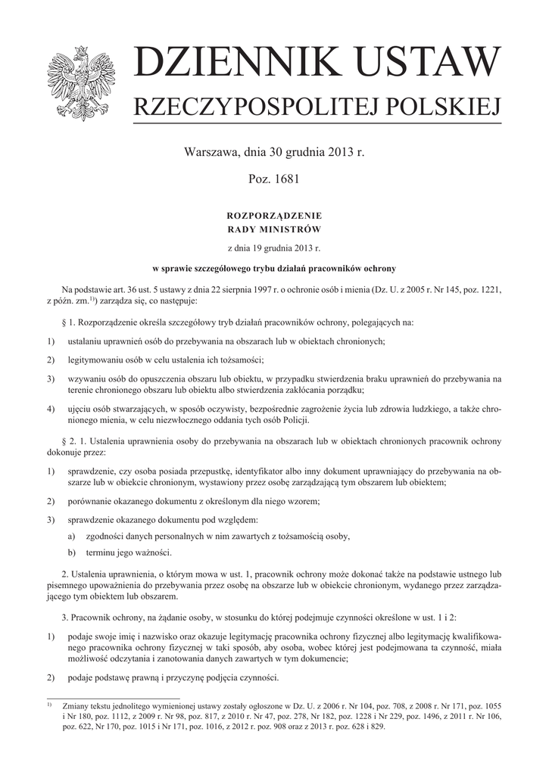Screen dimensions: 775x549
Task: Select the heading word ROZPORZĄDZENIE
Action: point(274,216)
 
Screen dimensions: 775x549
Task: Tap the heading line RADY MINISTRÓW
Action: point(274,229)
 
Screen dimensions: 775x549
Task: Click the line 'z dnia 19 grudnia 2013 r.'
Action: point(274,248)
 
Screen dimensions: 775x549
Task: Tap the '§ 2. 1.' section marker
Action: point(78,440)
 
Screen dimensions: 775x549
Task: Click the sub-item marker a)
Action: point(72,536)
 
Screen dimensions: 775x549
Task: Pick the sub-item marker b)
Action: point(72,552)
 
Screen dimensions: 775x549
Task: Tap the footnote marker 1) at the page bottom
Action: point(49,704)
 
